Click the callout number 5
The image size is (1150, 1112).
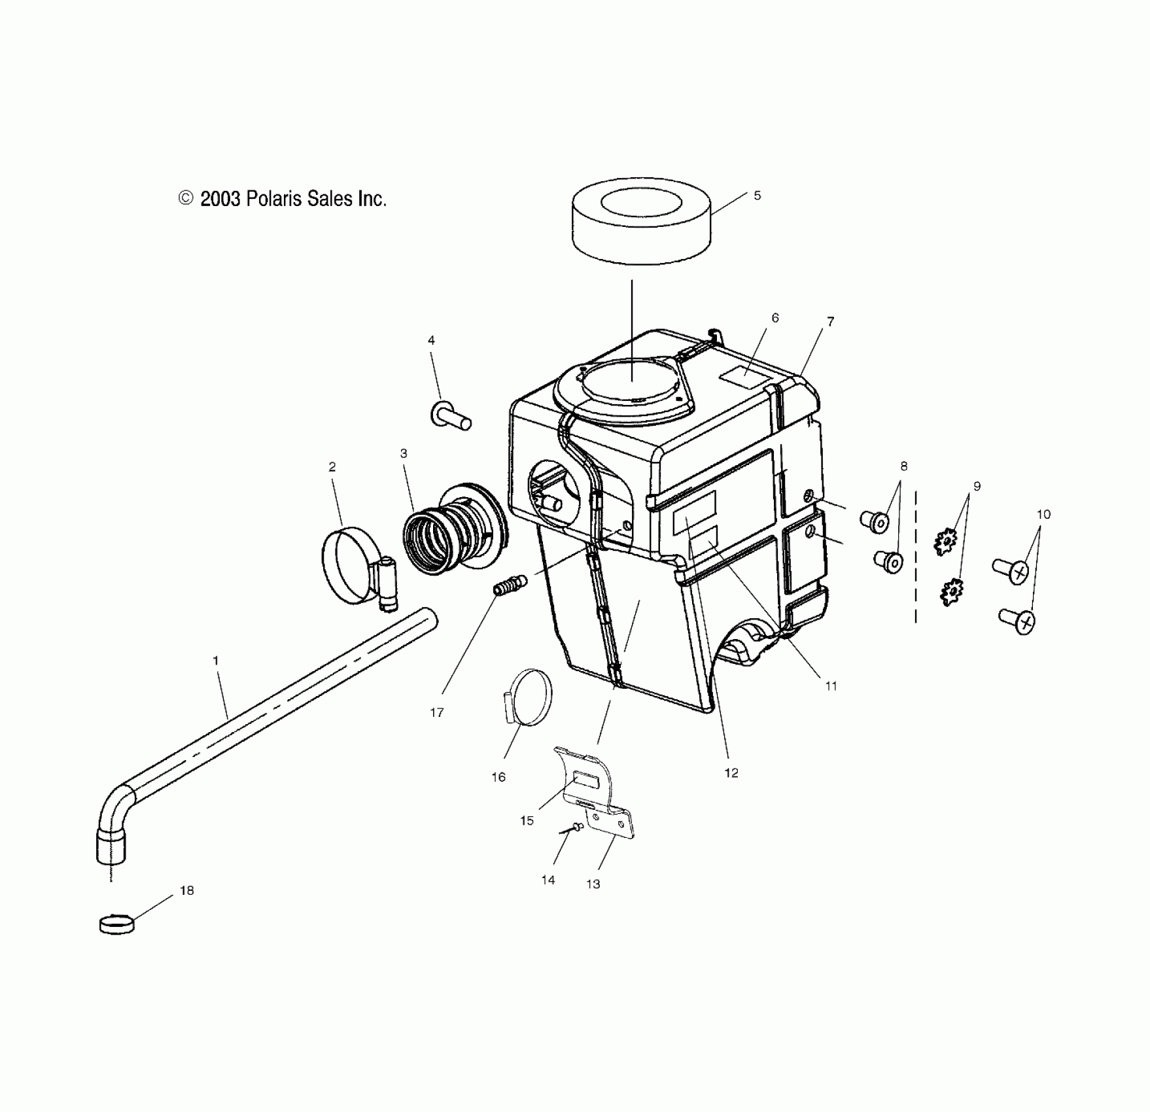click(x=757, y=196)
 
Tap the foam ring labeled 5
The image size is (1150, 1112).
click(x=642, y=226)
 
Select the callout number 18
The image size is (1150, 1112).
click(x=187, y=890)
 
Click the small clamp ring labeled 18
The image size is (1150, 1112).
click(x=116, y=924)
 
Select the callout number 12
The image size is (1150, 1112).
click(x=731, y=773)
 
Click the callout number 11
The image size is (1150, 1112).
click(x=831, y=686)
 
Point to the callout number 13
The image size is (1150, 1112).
click(x=593, y=884)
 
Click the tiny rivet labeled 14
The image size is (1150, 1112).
click(x=576, y=827)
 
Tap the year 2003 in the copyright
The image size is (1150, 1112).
click(x=220, y=199)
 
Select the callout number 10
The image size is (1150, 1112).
click(x=1043, y=514)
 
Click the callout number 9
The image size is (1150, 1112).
click(x=977, y=486)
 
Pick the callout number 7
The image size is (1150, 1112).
click(x=830, y=321)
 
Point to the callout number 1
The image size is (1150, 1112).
click(x=216, y=661)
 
